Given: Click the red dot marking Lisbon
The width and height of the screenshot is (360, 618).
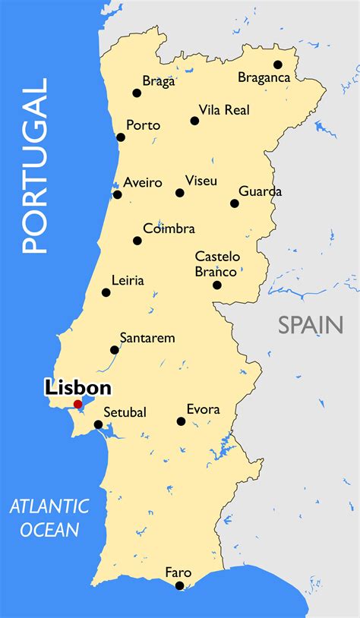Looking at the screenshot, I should [77, 404].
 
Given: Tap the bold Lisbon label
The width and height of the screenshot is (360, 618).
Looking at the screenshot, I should [78, 388].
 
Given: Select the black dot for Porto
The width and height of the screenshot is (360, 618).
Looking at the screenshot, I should [121, 137].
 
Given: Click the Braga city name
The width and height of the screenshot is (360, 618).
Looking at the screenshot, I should [159, 81].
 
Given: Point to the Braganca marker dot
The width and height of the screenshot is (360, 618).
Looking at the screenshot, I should [278, 65].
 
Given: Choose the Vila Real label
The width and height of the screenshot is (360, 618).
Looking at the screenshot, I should [224, 110].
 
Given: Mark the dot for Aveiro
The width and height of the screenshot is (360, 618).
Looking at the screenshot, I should [117, 194].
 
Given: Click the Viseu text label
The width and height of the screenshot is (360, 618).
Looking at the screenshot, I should [201, 181].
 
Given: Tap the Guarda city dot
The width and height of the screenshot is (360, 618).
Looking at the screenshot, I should [235, 203].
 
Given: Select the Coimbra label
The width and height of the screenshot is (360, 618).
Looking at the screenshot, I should [169, 229].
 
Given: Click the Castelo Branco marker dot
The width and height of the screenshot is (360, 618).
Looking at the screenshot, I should [217, 285].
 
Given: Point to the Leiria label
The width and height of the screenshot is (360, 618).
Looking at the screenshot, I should [128, 280].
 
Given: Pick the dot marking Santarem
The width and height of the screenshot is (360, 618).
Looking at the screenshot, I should [115, 350].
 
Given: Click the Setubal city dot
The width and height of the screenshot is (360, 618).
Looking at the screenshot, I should [98, 424].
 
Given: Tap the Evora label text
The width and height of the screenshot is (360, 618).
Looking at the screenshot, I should [203, 409].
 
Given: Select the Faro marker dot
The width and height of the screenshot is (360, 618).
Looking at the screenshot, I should [180, 585].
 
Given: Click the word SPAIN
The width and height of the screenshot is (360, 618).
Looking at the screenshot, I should [310, 325].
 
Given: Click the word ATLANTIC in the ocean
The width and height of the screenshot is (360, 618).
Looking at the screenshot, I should [49, 506].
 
